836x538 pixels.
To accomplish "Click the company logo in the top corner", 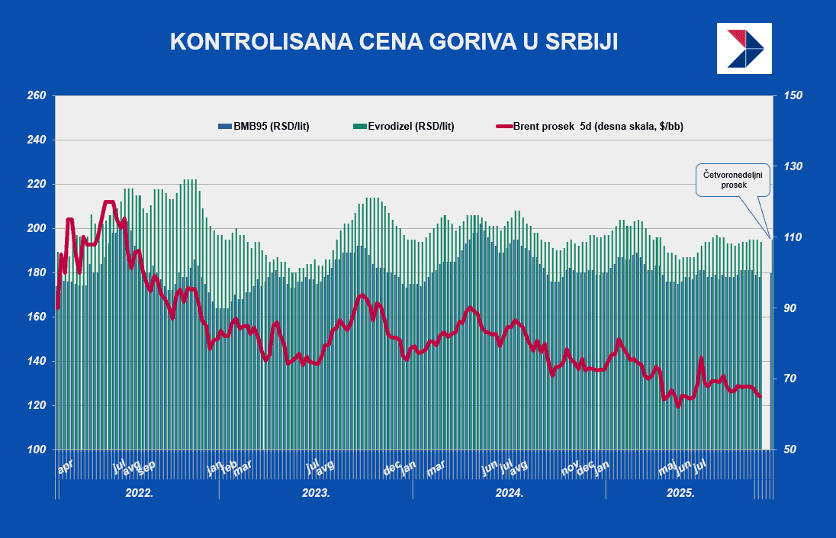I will [744, 48].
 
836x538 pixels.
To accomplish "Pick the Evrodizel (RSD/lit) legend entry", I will [404, 126].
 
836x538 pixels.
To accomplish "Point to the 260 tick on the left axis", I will [37, 96].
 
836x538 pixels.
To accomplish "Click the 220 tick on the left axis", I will [37, 185].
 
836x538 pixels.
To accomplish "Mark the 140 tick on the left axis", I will [37, 361].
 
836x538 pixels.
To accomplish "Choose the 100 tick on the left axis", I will [37, 449].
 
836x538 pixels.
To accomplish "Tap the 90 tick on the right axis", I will [790, 308].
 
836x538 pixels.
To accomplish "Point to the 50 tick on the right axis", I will [790, 449].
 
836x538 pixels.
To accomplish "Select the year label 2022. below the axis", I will [139, 493].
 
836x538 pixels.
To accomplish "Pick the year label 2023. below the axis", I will [317, 493].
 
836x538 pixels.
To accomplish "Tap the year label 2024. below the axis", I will [510, 493].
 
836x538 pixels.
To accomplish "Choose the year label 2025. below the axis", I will [681, 493].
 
